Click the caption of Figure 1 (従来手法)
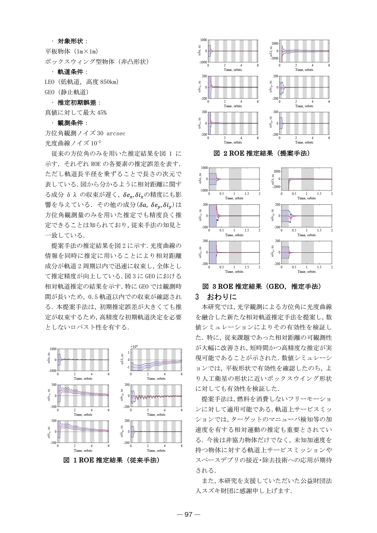(112, 460)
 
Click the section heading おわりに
(222, 297)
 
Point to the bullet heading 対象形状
(70, 41)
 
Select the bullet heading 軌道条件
(70, 72)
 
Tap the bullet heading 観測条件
(70, 123)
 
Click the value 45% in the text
(102, 113)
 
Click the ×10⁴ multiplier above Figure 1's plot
(134, 346)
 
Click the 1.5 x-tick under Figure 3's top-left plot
(247, 194)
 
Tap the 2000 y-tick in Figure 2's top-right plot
(275, 44)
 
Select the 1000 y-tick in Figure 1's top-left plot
(53, 349)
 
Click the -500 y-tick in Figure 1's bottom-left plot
(53, 443)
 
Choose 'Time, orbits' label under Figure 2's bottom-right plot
(304, 142)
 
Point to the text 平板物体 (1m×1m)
(71, 51)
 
